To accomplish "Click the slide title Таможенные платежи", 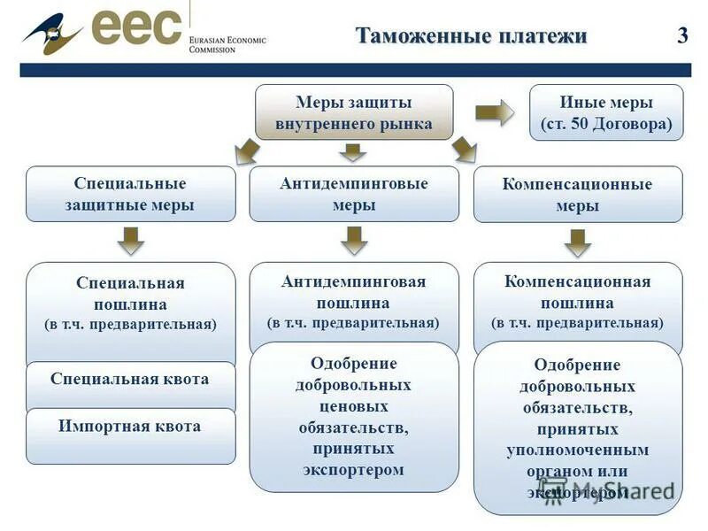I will point(471,36).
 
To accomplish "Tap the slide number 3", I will point(681,36).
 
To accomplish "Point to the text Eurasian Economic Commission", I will point(227,44).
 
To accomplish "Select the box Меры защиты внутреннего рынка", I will point(354,113).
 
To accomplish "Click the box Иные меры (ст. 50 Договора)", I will point(606,113).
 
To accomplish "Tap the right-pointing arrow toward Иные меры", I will point(494,112).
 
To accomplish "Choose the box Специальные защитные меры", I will point(130,195).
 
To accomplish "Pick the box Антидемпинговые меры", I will point(354,194).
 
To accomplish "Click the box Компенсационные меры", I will point(578,195).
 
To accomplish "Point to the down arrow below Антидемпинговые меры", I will point(354,240).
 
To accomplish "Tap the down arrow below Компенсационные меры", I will point(578,242).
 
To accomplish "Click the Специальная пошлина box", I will point(130,304).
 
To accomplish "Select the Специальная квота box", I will point(130,381).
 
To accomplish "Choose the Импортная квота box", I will point(130,427).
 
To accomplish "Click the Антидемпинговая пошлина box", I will point(354,302).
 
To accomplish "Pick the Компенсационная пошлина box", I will point(578,302).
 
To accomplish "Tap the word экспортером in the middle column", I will point(354,470).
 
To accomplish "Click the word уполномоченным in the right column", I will point(578,450).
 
